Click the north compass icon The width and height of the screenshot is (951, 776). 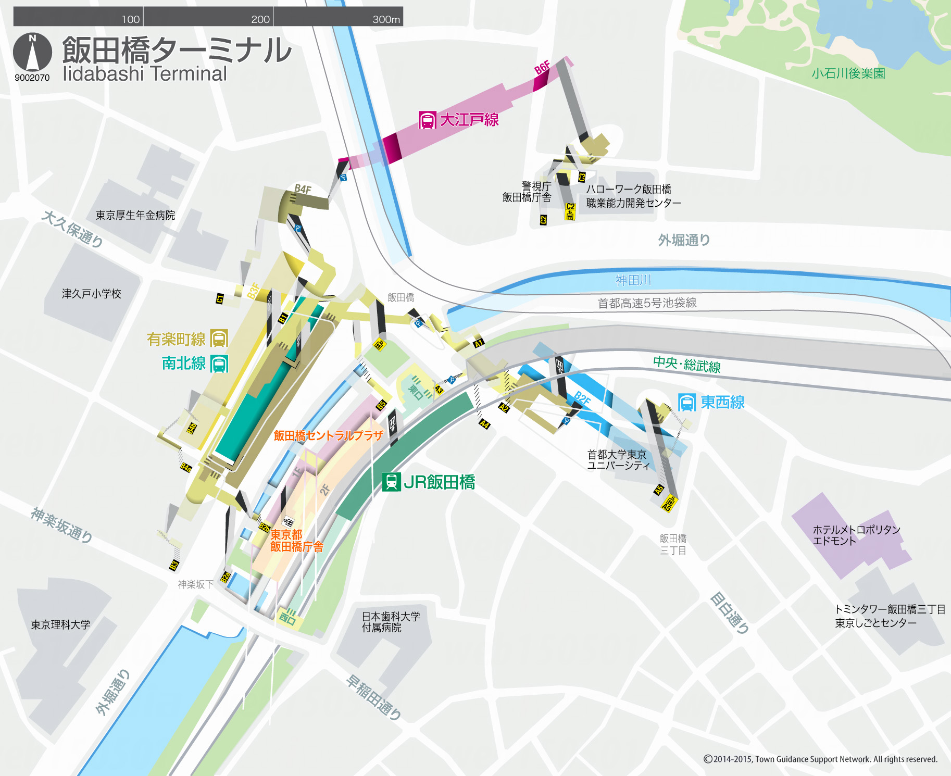(32, 52)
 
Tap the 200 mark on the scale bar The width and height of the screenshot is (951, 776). (260, 19)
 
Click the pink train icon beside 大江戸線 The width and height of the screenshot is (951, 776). (427, 120)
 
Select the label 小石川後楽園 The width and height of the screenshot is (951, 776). (848, 73)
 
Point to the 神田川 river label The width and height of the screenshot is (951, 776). (633, 280)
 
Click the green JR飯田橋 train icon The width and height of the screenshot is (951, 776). (391, 482)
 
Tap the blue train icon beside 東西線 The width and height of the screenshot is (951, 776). (687, 403)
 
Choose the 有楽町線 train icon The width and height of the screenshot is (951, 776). (219, 339)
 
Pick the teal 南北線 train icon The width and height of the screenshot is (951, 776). (219, 364)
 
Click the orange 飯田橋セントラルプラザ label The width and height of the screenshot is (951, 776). (328, 435)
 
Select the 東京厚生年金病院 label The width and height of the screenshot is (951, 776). (135, 215)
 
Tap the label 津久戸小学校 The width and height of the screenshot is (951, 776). (91, 294)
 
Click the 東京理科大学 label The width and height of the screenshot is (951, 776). (60, 624)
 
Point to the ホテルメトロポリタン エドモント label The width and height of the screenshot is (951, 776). (856, 535)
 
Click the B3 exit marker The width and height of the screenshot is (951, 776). (174, 565)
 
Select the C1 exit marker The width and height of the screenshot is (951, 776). (220, 298)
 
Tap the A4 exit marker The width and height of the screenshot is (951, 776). (484, 424)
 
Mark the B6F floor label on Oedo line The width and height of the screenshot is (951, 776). (542, 68)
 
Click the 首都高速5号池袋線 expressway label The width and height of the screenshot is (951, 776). (646, 303)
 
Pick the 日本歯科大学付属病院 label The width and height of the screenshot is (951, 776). (391, 622)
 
